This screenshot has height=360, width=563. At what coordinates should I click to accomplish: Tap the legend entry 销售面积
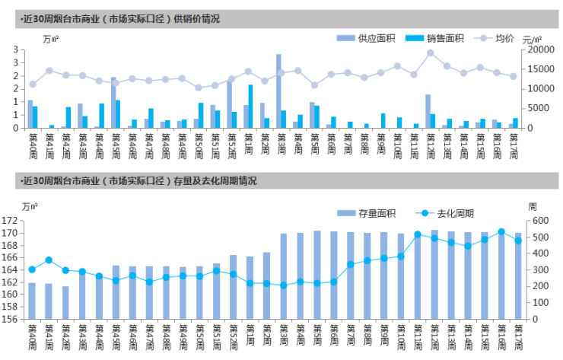433,38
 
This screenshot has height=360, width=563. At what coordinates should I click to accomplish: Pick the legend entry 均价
495,38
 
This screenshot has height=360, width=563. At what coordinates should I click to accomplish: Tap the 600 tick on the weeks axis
538,221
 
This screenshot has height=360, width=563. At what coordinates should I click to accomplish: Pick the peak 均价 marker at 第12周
431,53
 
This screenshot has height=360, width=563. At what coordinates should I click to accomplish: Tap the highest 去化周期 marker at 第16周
501,231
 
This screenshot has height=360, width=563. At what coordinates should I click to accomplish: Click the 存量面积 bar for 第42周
65,302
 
